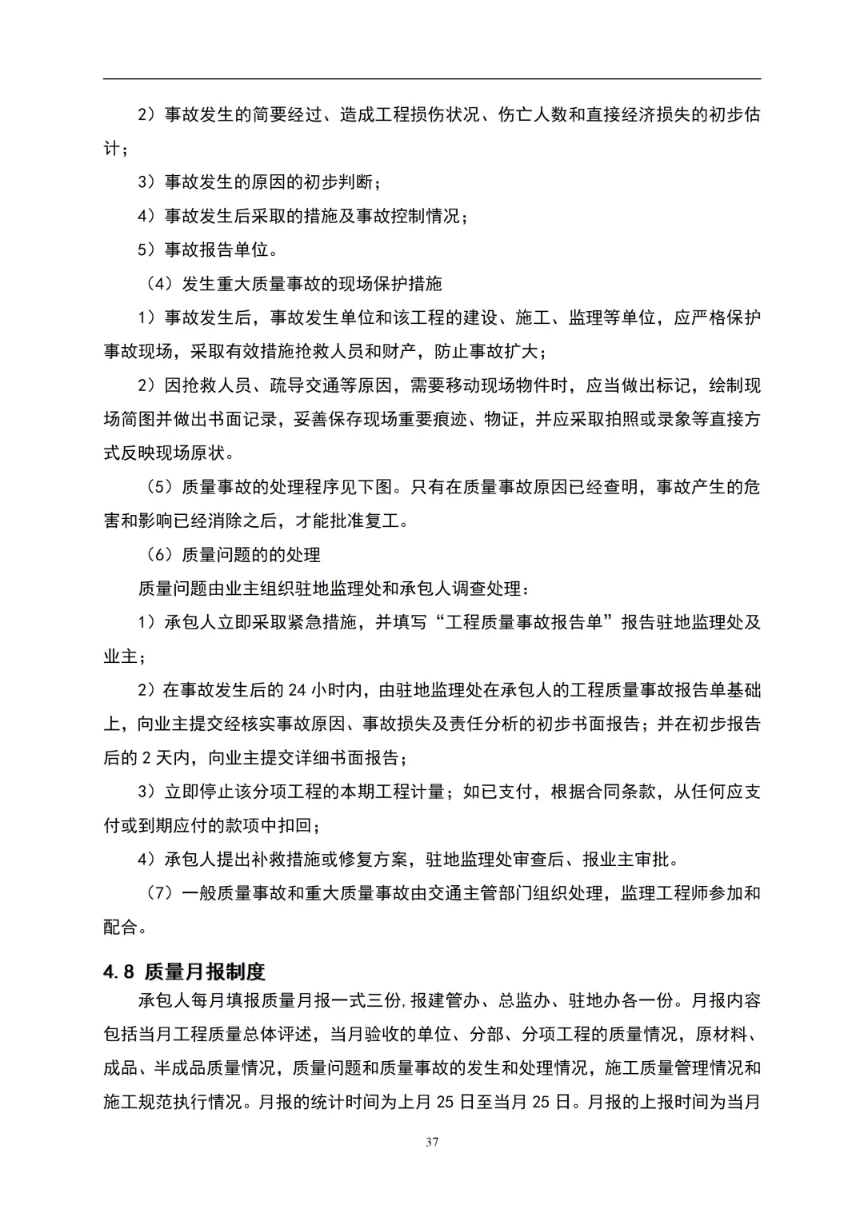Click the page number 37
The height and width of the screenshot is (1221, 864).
click(x=432, y=1142)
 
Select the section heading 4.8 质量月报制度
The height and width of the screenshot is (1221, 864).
click(x=184, y=972)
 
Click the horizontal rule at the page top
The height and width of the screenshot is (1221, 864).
click(x=432, y=78)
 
